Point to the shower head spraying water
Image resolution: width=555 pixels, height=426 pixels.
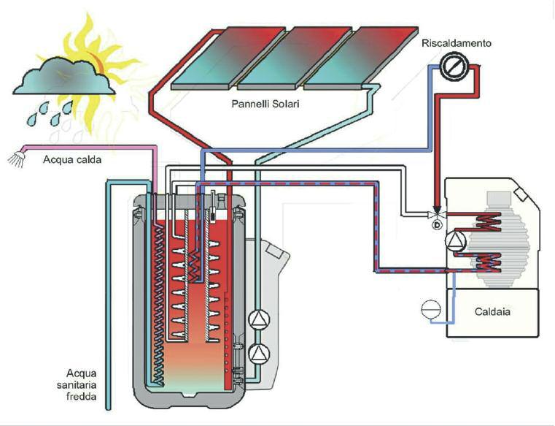click(x=16, y=159)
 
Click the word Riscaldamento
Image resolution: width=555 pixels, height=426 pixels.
click(x=457, y=44)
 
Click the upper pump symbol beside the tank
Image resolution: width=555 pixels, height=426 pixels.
click(x=259, y=319)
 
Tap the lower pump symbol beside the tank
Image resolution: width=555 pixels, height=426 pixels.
click(x=259, y=353)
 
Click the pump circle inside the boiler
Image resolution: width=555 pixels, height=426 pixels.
click(x=456, y=242)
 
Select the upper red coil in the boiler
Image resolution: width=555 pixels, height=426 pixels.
click(x=487, y=219)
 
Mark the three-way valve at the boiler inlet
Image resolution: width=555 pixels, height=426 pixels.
click(x=437, y=218)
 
